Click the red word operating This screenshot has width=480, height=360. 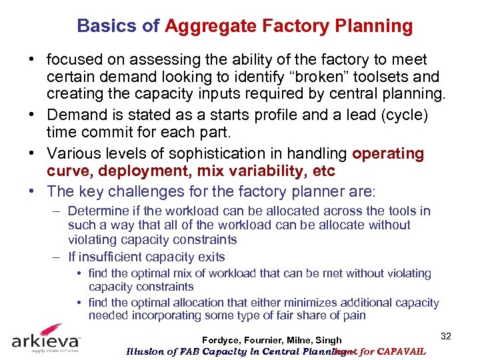(x=388, y=154)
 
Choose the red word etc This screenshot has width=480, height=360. (x=323, y=172)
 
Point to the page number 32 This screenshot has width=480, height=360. (x=445, y=336)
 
